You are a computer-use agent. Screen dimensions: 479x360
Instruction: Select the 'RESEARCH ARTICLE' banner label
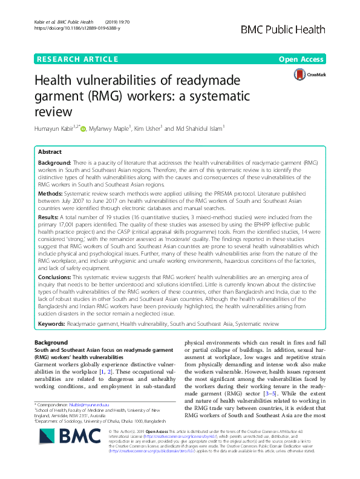77,59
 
